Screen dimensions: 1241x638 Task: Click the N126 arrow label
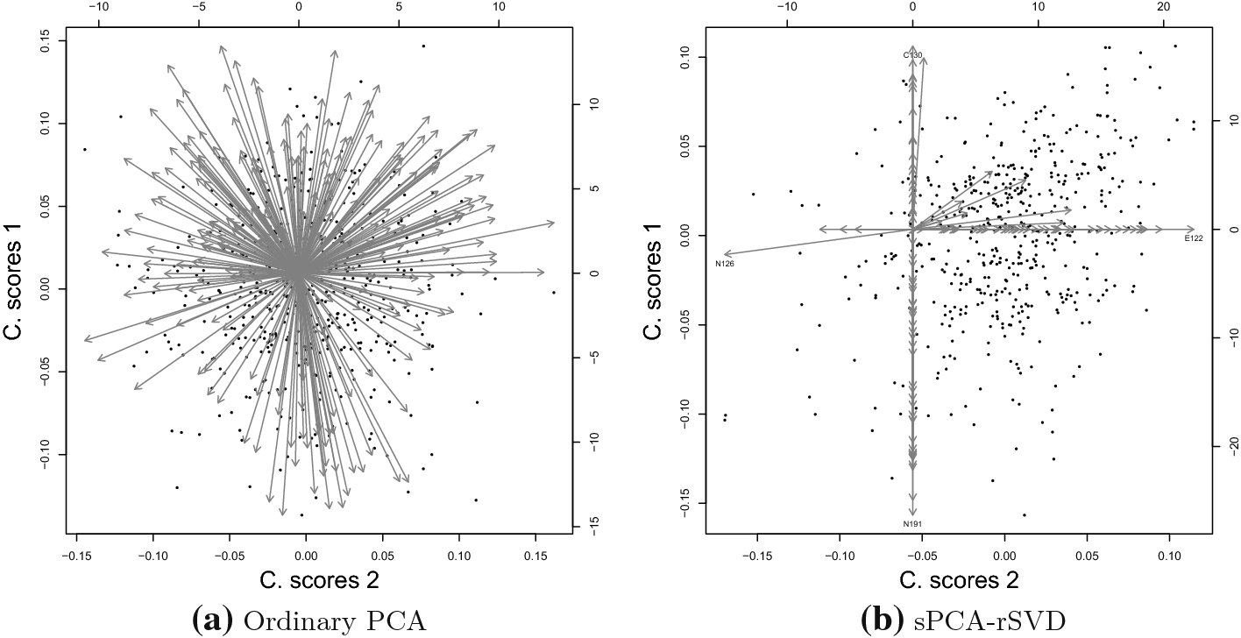pyautogui.click(x=725, y=264)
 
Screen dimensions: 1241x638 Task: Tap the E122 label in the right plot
pyautogui.click(x=1194, y=238)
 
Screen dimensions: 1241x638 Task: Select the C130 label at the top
pyautogui.click(x=912, y=55)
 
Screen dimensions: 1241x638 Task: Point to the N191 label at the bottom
pyautogui.click(x=912, y=523)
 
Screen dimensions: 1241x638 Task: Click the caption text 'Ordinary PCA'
pyautogui.click(x=335, y=621)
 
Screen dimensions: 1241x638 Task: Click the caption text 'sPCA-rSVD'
pyautogui.click(x=989, y=621)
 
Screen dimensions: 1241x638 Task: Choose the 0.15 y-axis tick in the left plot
pyautogui.click(x=47, y=41)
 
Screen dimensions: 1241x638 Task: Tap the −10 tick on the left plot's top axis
pyautogui.click(x=99, y=7)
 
